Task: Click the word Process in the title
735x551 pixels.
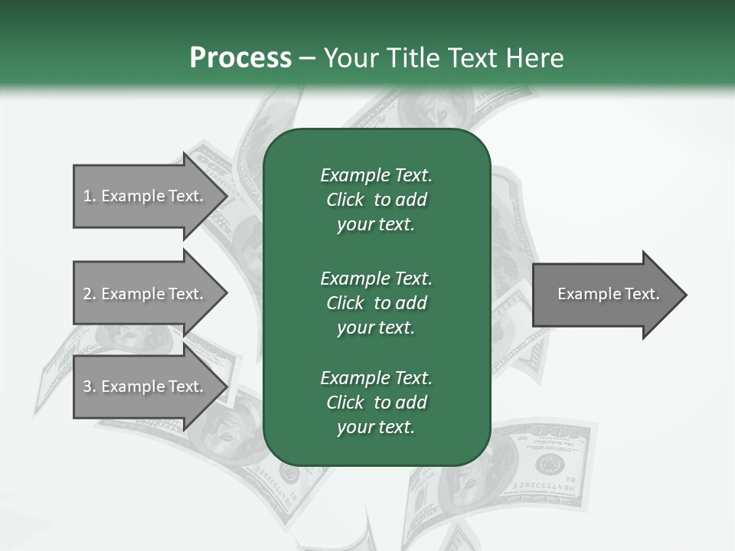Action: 240,58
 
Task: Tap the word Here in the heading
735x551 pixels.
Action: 535,58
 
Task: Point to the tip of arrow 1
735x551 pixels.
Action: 226,196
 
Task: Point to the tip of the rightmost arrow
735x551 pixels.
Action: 685,295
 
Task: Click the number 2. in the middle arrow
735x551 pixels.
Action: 89,294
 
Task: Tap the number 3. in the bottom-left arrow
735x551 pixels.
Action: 89,386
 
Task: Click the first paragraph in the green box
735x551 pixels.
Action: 376,200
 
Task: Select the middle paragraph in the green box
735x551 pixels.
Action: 376,302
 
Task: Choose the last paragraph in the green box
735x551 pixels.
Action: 376,403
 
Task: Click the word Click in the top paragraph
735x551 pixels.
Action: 345,200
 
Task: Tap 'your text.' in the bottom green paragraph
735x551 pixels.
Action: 376,427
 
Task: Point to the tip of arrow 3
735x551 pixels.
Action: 226,386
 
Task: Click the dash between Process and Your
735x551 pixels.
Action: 307,59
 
